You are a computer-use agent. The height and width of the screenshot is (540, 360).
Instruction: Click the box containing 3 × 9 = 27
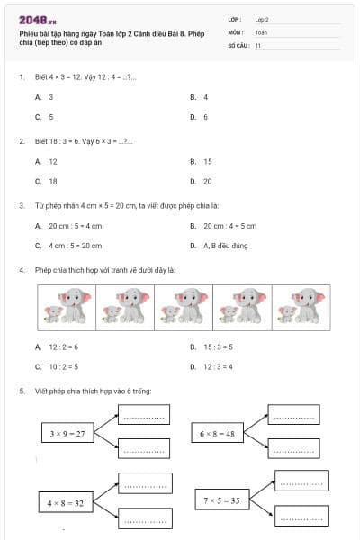[x=68, y=433]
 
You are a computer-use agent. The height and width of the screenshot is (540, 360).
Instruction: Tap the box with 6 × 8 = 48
[x=217, y=433]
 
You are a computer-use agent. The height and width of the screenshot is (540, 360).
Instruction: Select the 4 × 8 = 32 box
[x=67, y=502]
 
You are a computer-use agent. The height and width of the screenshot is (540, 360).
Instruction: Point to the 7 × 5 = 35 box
[x=221, y=499]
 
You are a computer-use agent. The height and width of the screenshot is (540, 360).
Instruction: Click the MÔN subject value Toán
[x=261, y=31]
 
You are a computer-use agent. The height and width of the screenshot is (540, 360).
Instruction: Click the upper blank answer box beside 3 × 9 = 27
[x=144, y=415]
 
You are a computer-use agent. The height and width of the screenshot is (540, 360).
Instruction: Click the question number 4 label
[x=21, y=269]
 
